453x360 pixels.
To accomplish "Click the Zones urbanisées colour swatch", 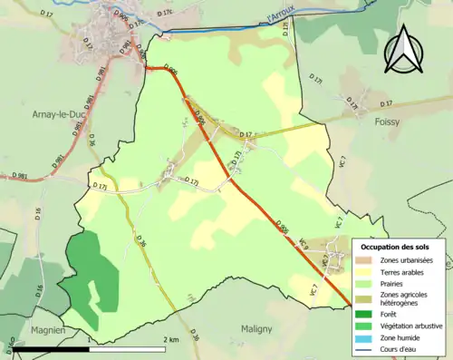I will point(366,260).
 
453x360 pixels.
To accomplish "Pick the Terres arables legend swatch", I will point(366,271).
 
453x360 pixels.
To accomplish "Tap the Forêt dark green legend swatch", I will point(366,314).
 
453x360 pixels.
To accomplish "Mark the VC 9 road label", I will point(305,244).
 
